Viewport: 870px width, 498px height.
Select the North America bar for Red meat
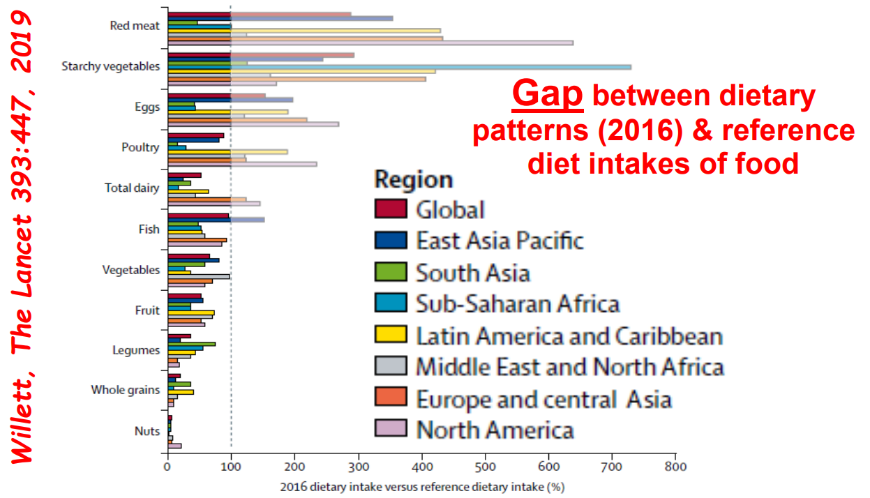(370, 43)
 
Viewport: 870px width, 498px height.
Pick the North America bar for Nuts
(174, 446)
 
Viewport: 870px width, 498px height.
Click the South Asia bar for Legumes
(191, 344)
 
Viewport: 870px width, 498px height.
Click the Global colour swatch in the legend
(390, 209)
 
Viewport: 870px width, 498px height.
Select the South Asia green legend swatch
(390, 272)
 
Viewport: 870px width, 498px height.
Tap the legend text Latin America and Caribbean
(569, 336)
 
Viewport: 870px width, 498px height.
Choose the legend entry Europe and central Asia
(543, 400)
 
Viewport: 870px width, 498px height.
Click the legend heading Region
(414, 179)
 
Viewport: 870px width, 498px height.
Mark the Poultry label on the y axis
(140, 147)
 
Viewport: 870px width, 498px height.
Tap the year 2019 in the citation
(24, 48)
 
